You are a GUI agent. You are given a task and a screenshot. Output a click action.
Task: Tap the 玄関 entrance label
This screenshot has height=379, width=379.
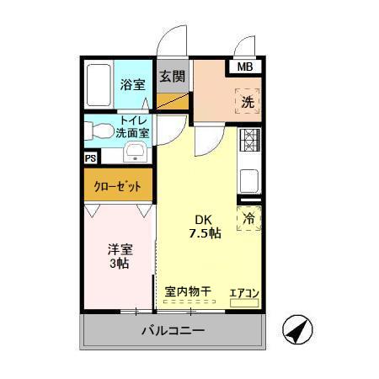(x=171, y=76)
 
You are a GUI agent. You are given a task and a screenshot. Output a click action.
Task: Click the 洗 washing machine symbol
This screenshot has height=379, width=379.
(x=248, y=101)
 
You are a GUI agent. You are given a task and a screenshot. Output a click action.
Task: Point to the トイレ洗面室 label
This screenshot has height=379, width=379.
(x=133, y=126)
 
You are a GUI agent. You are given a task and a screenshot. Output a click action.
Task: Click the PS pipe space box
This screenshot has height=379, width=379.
(x=90, y=157)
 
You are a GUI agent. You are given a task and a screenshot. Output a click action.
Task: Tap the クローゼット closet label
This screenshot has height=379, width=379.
(x=118, y=185)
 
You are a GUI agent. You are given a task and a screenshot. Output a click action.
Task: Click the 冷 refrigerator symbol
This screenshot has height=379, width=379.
(x=249, y=218)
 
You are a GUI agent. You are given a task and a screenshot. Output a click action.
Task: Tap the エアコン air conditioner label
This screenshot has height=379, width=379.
(x=245, y=293)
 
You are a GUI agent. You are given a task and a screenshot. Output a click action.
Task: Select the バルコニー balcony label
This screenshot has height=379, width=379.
(x=172, y=331)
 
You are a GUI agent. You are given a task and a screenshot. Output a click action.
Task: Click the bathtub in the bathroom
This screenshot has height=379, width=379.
(x=100, y=84)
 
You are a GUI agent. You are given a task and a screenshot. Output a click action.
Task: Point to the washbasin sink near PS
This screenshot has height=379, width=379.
(x=136, y=152)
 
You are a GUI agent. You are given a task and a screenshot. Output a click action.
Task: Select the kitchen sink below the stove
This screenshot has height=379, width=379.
(x=250, y=179)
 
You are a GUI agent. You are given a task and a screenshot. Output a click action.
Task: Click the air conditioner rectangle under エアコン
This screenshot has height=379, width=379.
(x=245, y=302)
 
